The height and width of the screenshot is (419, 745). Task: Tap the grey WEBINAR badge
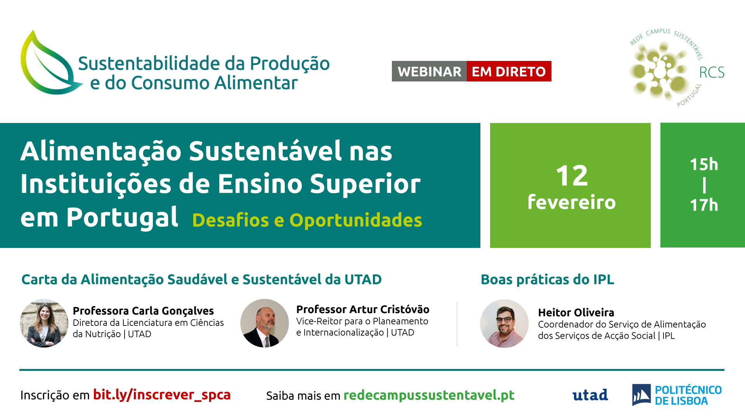[429, 71]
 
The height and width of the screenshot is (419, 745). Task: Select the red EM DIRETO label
[509, 71]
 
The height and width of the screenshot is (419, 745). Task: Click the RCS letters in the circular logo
[712, 72]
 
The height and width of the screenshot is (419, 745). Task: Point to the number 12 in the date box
[572, 176]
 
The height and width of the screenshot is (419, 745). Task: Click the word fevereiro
[572, 202]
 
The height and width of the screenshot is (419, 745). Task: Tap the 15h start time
[704, 164]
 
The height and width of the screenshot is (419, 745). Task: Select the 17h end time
[704, 205]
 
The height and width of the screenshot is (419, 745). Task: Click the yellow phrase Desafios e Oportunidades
[307, 220]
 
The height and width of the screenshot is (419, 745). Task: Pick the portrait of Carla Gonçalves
[44, 323]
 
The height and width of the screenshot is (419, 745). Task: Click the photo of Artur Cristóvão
[265, 323]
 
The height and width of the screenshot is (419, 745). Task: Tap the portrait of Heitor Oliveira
[504, 324]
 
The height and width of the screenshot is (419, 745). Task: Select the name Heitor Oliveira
[576, 312]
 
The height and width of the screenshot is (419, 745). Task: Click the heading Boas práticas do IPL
[547, 279]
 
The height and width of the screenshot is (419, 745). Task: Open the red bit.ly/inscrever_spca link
[162, 395]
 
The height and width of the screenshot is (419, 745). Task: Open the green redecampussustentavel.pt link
[429, 395]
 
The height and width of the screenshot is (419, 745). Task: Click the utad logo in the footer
[590, 395]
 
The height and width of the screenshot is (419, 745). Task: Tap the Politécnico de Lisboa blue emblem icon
[641, 395]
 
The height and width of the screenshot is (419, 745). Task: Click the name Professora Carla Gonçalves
[143, 311]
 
